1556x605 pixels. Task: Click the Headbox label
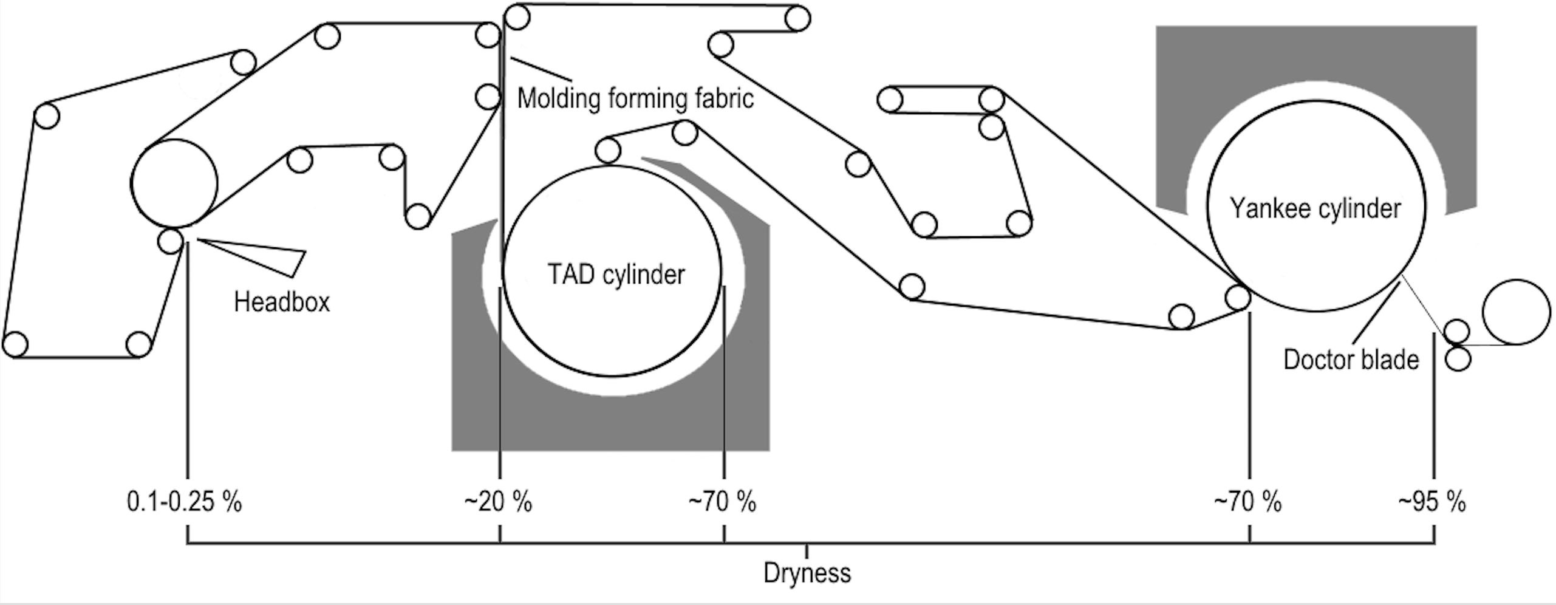[282, 302]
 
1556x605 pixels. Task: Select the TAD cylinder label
[616, 275]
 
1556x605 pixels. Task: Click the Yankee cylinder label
[1315, 209]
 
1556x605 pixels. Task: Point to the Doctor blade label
[1351, 360]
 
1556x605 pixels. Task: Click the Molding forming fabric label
[635, 98]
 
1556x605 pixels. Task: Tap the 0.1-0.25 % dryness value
[184, 502]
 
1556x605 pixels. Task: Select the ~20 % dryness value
[498, 502]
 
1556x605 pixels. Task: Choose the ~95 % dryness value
[1432, 502]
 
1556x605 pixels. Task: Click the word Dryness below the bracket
[807, 573]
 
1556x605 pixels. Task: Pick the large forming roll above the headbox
[174, 183]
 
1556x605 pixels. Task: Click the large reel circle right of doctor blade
[1516, 312]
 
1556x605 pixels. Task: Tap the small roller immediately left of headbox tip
[170, 241]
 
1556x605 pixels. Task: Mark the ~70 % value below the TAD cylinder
[722, 502]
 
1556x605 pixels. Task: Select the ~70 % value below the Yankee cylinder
[1247, 502]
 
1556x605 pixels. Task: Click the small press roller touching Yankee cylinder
[1238, 297]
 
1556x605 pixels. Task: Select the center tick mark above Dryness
[807, 551]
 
